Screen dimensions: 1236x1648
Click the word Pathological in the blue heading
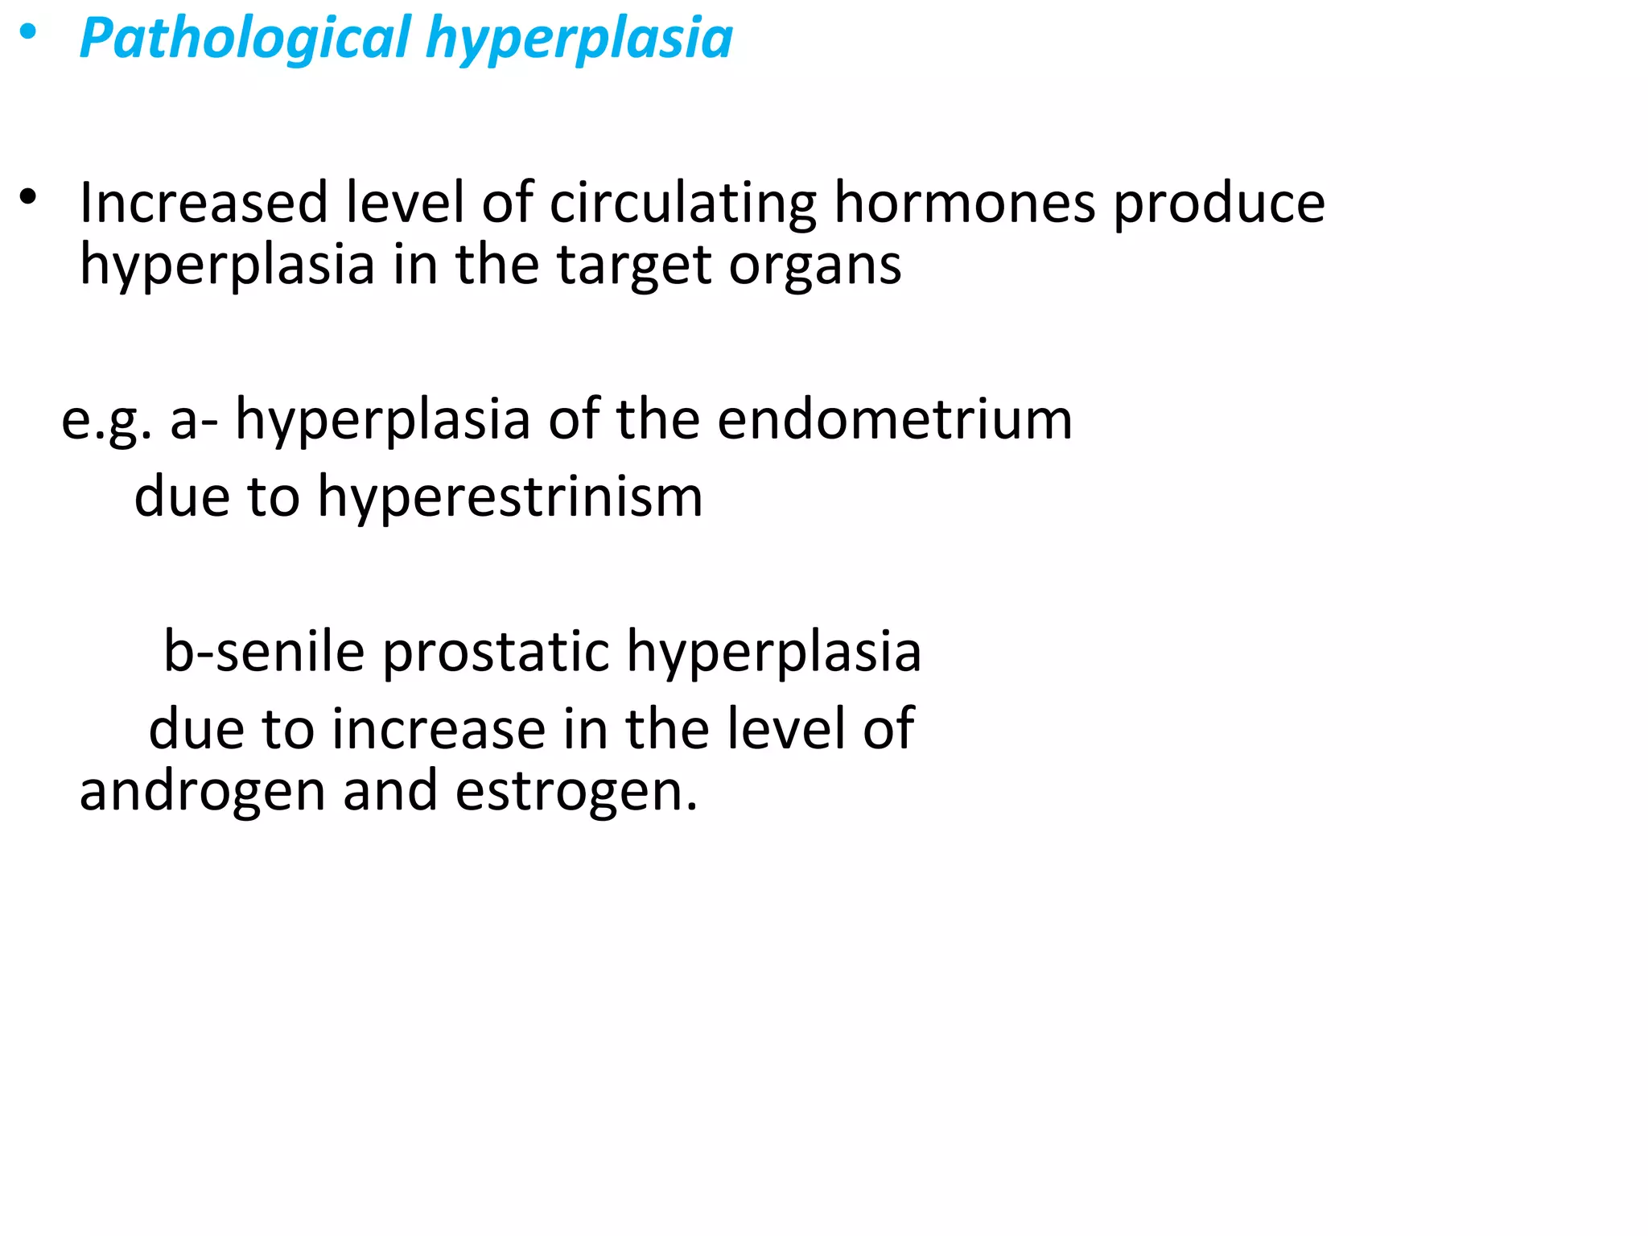pos(245,39)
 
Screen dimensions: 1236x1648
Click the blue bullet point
pos(29,33)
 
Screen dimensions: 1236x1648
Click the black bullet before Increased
pos(29,197)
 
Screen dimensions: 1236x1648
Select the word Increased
pos(204,202)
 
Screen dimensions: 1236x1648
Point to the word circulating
pos(682,202)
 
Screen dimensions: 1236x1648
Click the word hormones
pos(964,202)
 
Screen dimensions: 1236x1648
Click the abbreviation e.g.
pos(106,421)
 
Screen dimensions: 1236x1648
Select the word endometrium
pos(895,419)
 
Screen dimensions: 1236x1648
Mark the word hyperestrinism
pos(510,497)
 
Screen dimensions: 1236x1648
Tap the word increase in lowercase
pos(438,728)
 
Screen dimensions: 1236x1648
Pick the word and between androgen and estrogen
pos(390,790)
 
